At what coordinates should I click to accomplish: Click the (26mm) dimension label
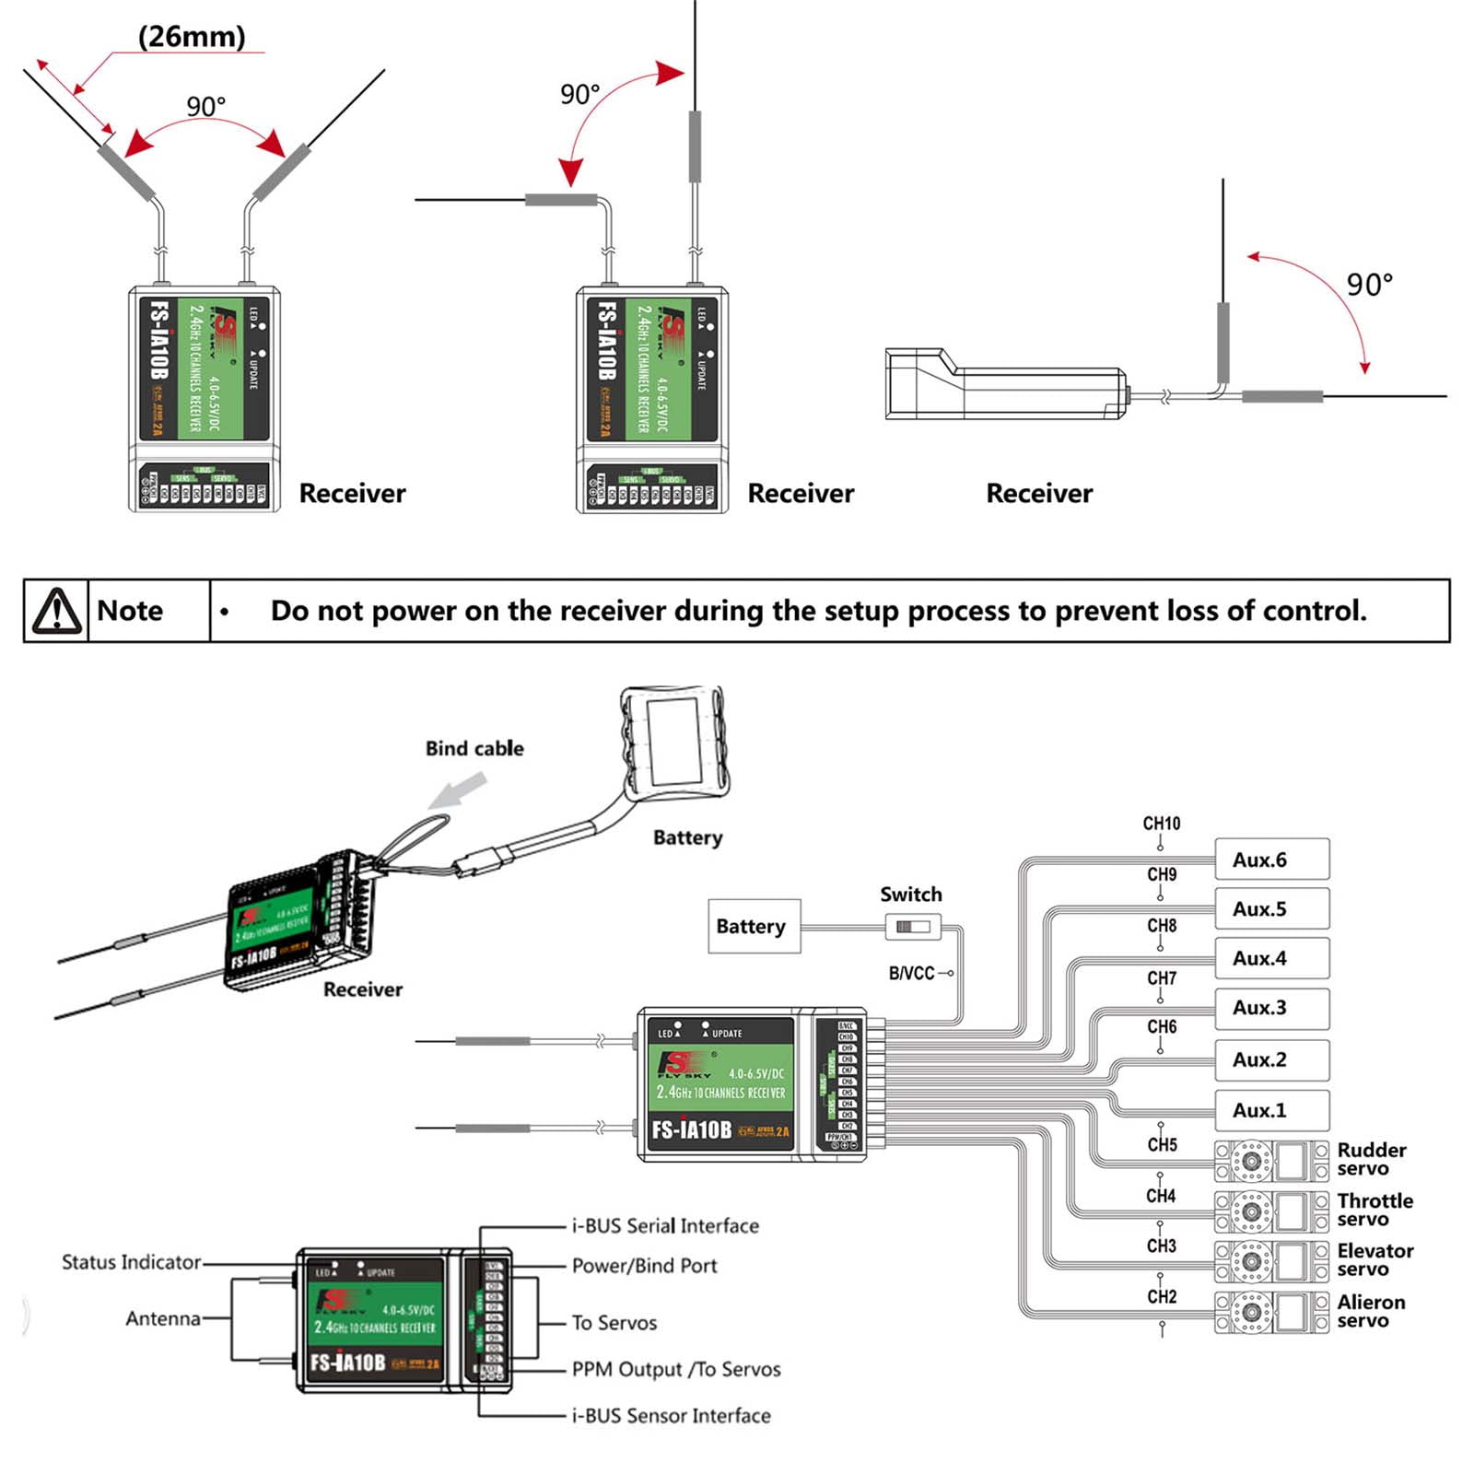click(192, 37)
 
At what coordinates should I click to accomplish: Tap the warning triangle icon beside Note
click(57, 611)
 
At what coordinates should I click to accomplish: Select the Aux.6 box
click(1271, 860)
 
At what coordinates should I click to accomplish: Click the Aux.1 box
click(1271, 1110)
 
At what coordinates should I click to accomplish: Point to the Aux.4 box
click(1271, 958)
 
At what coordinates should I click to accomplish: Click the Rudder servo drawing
click(1270, 1161)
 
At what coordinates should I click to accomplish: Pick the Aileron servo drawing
click(1270, 1313)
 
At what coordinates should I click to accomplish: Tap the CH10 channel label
click(1161, 824)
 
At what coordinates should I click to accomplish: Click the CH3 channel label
click(1161, 1246)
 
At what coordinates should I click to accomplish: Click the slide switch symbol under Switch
click(913, 926)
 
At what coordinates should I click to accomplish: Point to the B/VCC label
click(911, 973)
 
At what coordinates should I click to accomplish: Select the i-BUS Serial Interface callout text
click(665, 1226)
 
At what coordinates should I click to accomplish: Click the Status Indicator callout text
click(131, 1262)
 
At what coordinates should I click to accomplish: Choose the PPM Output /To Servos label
click(675, 1370)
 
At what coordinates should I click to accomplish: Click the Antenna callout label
click(163, 1319)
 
